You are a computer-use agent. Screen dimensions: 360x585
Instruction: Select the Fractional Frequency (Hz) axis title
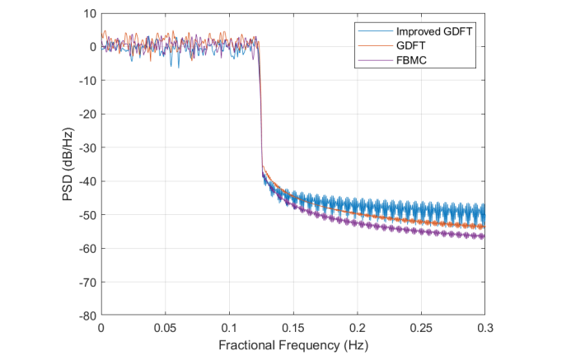(x=293, y=345)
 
